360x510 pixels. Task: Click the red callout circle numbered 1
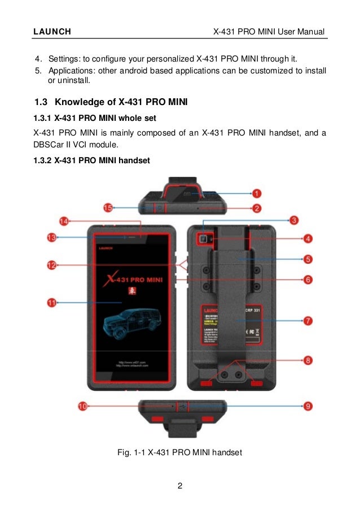coord(256,193)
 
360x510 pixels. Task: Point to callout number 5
coord(308,259)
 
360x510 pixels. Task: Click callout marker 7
coord(308,320)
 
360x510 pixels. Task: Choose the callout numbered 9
coord(308,406)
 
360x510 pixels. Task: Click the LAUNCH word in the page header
coord(52,32)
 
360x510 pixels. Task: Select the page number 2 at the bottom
coord(179,485)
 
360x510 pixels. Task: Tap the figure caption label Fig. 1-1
coord(131,452)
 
